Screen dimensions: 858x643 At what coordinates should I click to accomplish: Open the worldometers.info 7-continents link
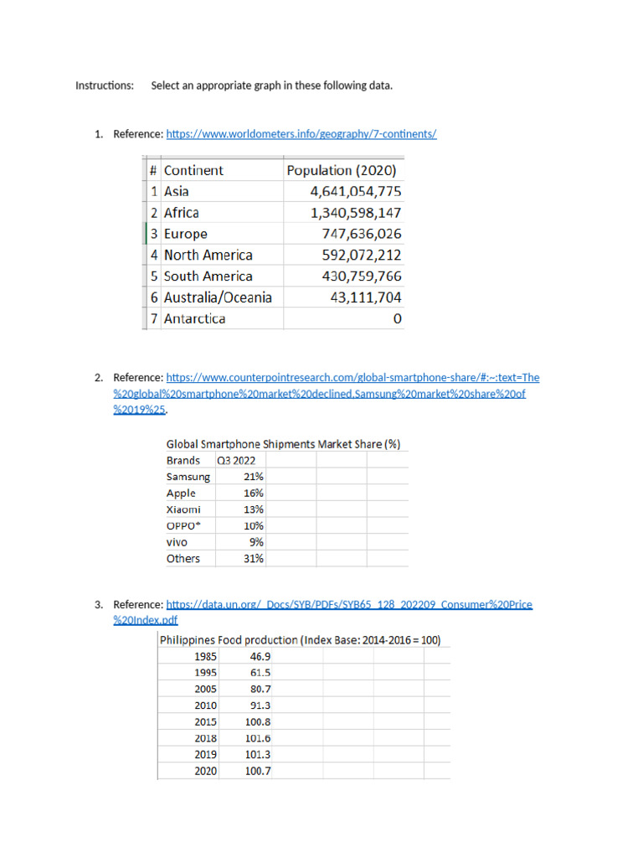(x=301, y=133)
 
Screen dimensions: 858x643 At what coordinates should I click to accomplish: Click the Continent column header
(x=193, y=170)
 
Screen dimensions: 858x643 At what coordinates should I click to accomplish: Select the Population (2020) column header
(x=342, y=170)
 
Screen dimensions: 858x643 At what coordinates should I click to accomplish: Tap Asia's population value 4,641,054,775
(x=356, y=191)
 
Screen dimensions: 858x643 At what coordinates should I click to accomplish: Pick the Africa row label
(x=182, y=213)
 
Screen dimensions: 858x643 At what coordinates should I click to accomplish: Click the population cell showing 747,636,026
(x=362, y=234)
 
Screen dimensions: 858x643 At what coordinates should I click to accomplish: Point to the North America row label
(x=208, y=255)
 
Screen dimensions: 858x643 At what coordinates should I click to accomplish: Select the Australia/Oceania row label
(x=218, y=297)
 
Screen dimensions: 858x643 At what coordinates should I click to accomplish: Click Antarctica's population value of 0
(x=397, y=318)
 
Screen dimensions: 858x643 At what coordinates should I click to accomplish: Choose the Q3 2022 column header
(x=236, y=460)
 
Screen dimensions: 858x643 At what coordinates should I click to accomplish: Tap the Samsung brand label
(x=188, y=477)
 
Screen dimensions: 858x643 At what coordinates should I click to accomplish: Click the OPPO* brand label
(x=184, y=525)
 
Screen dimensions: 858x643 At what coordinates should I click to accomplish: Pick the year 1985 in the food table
(x=205, y=656)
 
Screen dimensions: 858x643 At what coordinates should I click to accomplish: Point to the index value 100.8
(x=257, y=721)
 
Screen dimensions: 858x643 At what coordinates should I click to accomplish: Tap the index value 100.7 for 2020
(x=257, y=771)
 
